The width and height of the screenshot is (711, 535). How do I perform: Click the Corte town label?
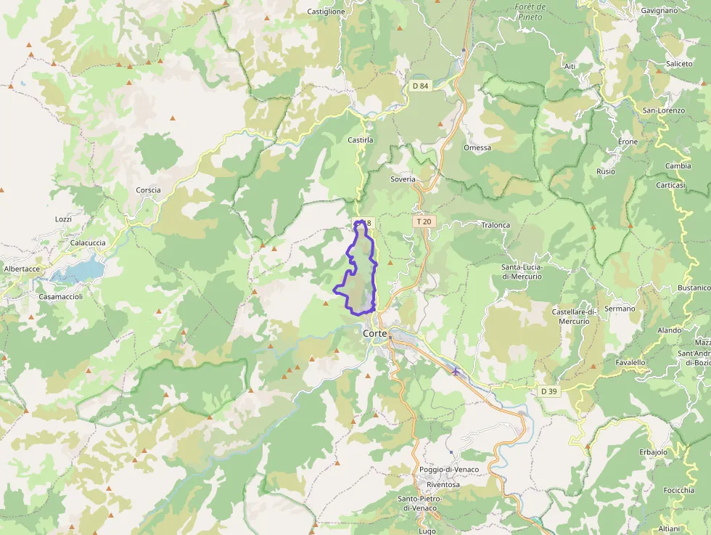pos(374,333)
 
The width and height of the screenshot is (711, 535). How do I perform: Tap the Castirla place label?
pos(361,139)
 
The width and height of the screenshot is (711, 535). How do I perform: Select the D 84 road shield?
pos(420,86)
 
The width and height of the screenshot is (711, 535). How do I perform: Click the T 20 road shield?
pos(424,221)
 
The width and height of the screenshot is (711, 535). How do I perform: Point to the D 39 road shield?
pos(549,391)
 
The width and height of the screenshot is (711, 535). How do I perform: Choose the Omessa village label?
pos(477,147)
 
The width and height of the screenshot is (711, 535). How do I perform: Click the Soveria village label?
pos(403,179)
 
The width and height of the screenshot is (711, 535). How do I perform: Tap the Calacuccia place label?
pos(88,242)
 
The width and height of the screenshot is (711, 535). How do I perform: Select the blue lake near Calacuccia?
pos(79,270)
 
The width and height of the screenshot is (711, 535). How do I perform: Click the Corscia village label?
pos(148,190)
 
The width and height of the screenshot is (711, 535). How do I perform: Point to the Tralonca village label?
pos(496,225)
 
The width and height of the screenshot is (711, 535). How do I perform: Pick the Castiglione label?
pos(326,12)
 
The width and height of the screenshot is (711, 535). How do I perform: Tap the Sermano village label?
pos(620,309)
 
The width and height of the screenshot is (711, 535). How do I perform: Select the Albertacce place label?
pos(22,269)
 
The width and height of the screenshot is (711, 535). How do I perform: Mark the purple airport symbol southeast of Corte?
pos(456,372)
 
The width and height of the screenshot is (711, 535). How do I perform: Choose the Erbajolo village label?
pos(653,452)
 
